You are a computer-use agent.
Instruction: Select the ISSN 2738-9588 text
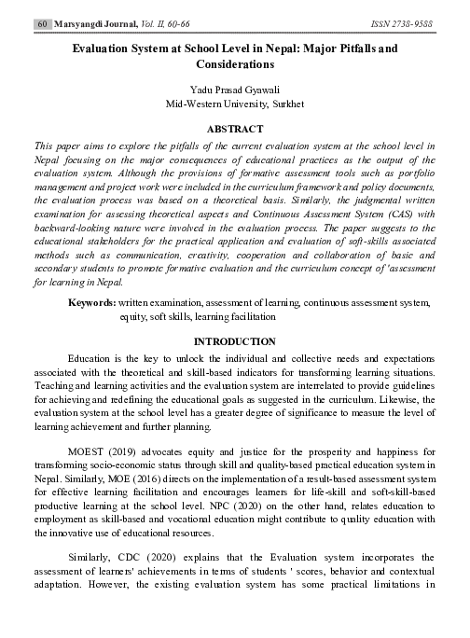click(402, 20)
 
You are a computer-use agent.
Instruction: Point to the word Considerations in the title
click(235, 66)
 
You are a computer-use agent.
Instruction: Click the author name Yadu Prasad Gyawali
click(234, 90)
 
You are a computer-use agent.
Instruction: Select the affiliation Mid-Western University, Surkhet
click(235, 104)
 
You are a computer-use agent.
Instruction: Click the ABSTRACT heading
click(234, 130)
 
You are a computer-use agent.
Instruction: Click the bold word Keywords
click(92, 303)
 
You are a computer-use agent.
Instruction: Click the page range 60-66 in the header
click(178, 20)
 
